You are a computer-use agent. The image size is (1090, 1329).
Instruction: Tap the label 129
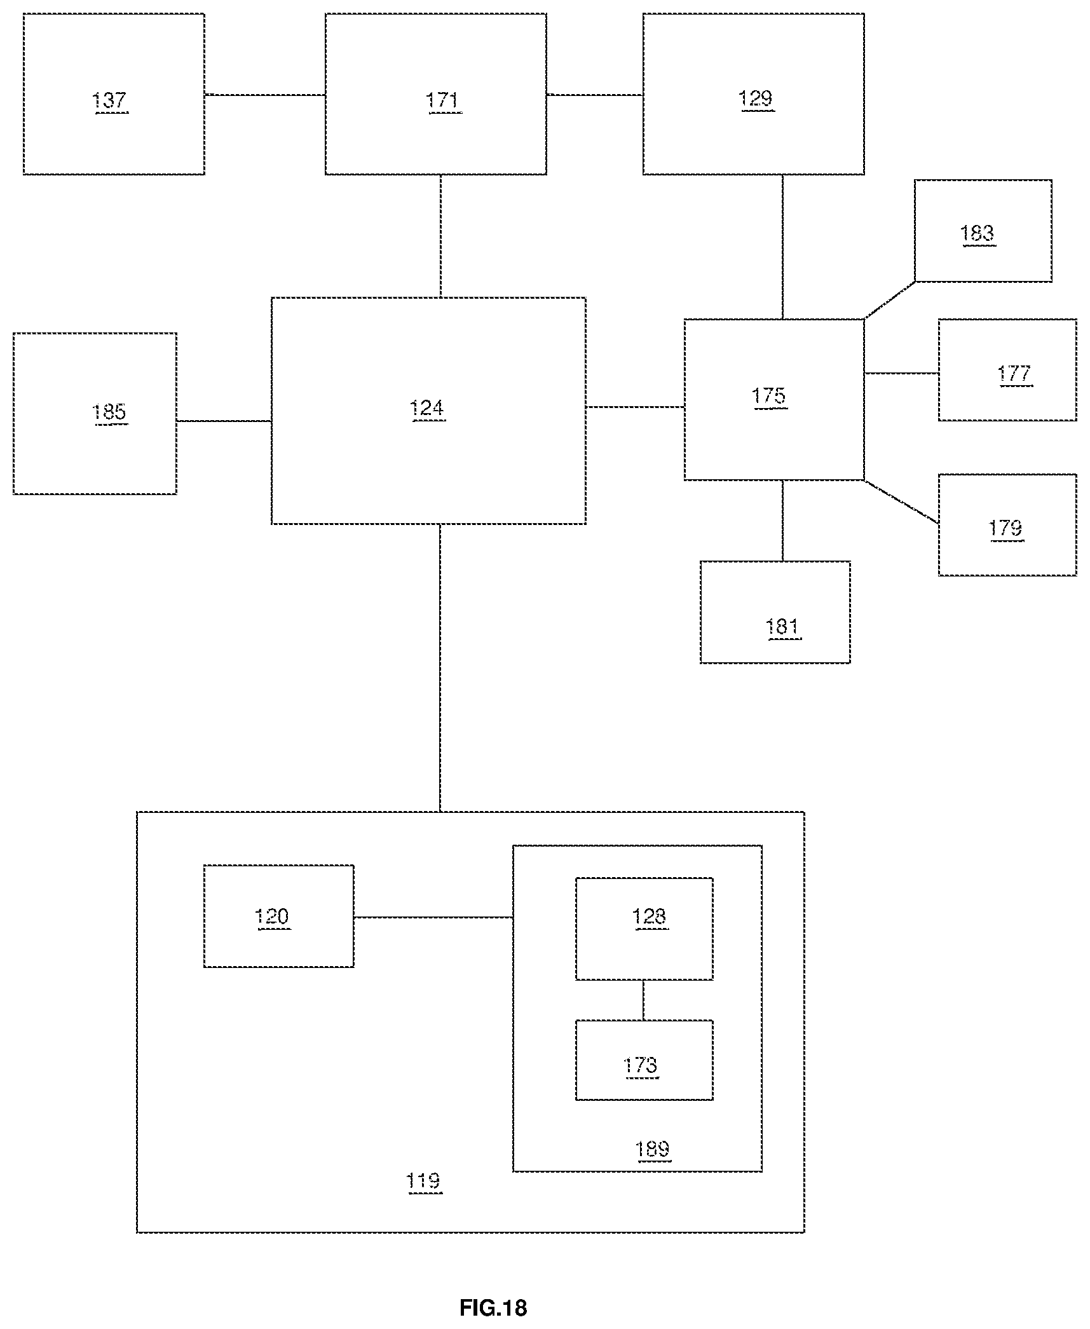(756, 99)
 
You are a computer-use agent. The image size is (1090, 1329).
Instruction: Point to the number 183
(978, 233)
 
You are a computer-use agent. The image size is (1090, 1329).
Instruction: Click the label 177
(1014, 373)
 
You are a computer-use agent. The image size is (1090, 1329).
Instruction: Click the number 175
(769, 396)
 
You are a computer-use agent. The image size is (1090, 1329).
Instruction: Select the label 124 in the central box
(427, 407)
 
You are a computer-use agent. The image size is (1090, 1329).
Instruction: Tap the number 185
(109, 412)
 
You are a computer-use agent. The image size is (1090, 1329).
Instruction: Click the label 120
(272, 917)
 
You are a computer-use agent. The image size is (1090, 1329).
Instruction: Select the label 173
(641, 1065)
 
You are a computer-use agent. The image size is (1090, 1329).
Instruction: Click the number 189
(653, 1149)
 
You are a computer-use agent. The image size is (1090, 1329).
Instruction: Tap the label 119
(423, 1181)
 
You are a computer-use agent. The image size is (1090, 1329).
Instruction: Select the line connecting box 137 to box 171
(265, 95)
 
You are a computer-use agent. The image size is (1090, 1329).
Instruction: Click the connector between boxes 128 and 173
(644, 1000)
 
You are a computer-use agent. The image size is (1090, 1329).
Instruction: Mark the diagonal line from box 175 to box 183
(889, 300)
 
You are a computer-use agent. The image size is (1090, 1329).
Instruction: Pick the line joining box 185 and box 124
(224, 421)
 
